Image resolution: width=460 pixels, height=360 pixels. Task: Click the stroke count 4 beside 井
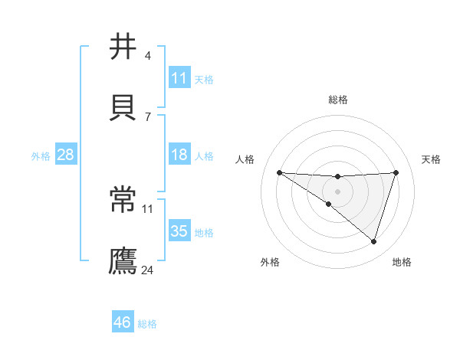147,56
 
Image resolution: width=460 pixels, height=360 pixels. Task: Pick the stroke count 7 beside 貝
147,116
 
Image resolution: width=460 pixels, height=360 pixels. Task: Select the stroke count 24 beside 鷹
148,270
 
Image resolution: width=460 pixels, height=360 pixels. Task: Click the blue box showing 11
179,78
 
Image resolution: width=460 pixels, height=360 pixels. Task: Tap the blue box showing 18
179,155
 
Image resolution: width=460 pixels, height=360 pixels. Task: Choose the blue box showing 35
179,231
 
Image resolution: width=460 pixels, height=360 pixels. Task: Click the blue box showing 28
66,155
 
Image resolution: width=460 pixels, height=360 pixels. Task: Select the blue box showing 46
123,322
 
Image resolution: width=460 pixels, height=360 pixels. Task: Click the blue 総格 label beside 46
147,324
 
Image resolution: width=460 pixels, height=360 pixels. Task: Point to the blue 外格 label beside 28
41,156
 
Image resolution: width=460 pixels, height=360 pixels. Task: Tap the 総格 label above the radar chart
338,100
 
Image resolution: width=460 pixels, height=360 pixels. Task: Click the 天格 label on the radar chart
432,159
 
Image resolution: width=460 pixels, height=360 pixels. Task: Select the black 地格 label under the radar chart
402,262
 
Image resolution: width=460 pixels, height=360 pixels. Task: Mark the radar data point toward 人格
279,172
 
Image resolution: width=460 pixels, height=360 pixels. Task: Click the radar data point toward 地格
373,241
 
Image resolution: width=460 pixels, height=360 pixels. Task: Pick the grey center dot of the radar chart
338,191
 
